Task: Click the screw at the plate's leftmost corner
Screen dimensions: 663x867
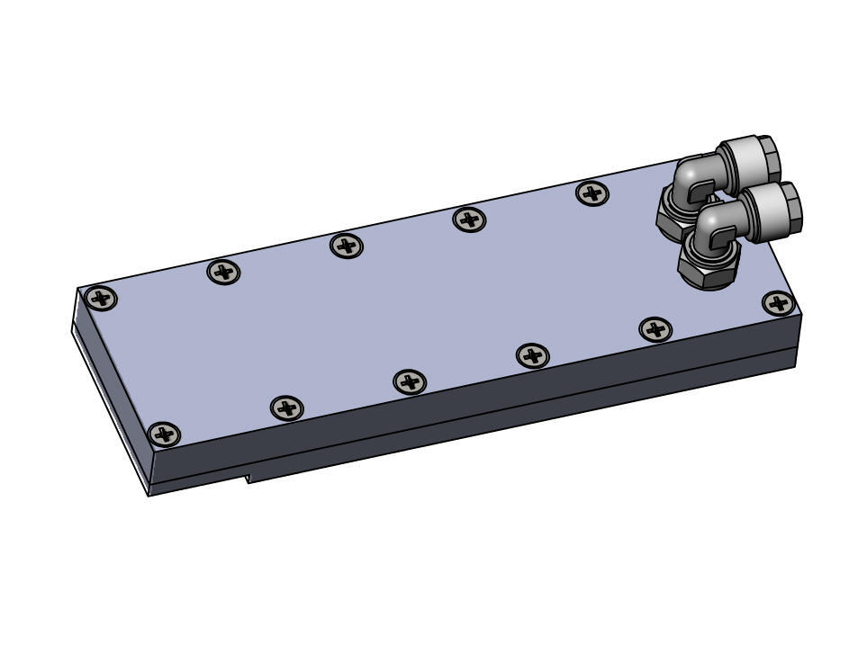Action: point(102,298)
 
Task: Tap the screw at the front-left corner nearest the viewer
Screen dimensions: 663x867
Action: point(163,435)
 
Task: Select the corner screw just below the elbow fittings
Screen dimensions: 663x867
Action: point(778,303)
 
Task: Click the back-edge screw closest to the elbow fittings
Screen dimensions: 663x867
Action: point(592,193)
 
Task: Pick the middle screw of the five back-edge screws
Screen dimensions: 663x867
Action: point(347,245)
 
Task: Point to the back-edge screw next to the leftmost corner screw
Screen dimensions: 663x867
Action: point(224,271)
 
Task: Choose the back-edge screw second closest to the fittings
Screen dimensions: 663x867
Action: point(469,219)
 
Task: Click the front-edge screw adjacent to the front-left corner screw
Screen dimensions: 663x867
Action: point(286,408)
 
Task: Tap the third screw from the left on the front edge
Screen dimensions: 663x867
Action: point(410,382)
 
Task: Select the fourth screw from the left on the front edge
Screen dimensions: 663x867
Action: point(533,355)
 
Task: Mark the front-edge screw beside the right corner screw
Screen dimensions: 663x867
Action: point(655,329)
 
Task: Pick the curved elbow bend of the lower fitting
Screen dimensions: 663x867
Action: point(714,224)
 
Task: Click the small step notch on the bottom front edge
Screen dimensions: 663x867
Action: point(248,476)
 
